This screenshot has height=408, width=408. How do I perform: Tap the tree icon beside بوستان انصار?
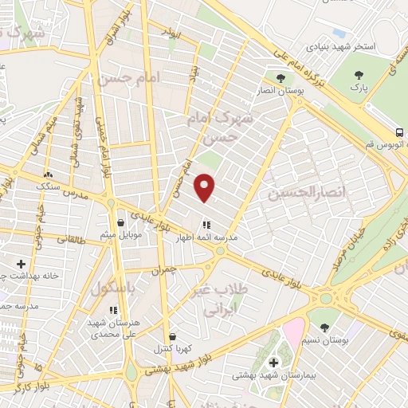click(x=280, y=78)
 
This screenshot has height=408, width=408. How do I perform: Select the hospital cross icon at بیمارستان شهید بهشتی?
click(x=273, y=362)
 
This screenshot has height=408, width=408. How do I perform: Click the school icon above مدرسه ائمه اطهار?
click(x=206, y=226)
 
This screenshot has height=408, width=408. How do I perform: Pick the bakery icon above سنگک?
click(x=49, y=174)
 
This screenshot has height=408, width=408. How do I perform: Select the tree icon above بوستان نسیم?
click(x=324, y=327)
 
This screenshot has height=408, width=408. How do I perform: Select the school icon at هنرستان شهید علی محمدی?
click(x=113, y=309)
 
